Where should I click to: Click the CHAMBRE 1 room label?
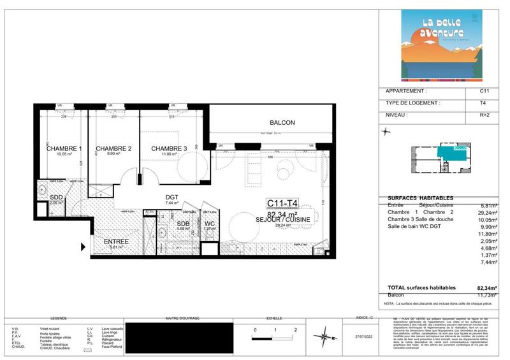64,148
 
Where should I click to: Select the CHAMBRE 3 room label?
169,148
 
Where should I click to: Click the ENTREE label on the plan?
116,241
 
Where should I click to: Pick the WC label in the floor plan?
210,224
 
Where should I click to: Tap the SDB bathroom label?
183,224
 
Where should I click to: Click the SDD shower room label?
56,198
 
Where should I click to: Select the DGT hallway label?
171,198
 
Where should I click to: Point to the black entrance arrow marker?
82,247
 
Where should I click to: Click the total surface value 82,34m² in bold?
486,288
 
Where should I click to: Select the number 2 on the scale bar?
296,331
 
